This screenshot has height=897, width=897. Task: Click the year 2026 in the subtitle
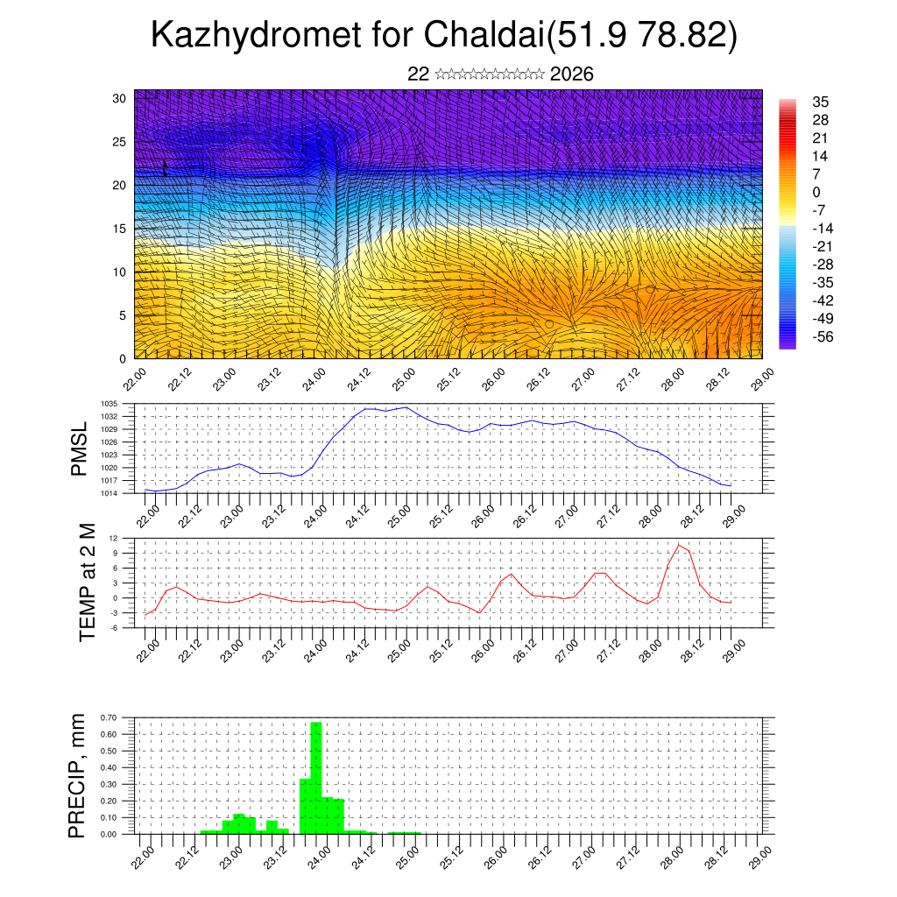click(x=572, y=74)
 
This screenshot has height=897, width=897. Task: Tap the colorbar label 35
click(x=821, y=102)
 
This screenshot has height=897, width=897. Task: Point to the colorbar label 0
click(x=816, y=192)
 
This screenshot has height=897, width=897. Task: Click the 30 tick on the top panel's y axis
click(x=120, y=98)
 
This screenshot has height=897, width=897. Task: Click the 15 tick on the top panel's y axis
click(x=120, y=229)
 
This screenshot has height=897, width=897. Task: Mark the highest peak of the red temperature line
click(x=678, y=545)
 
